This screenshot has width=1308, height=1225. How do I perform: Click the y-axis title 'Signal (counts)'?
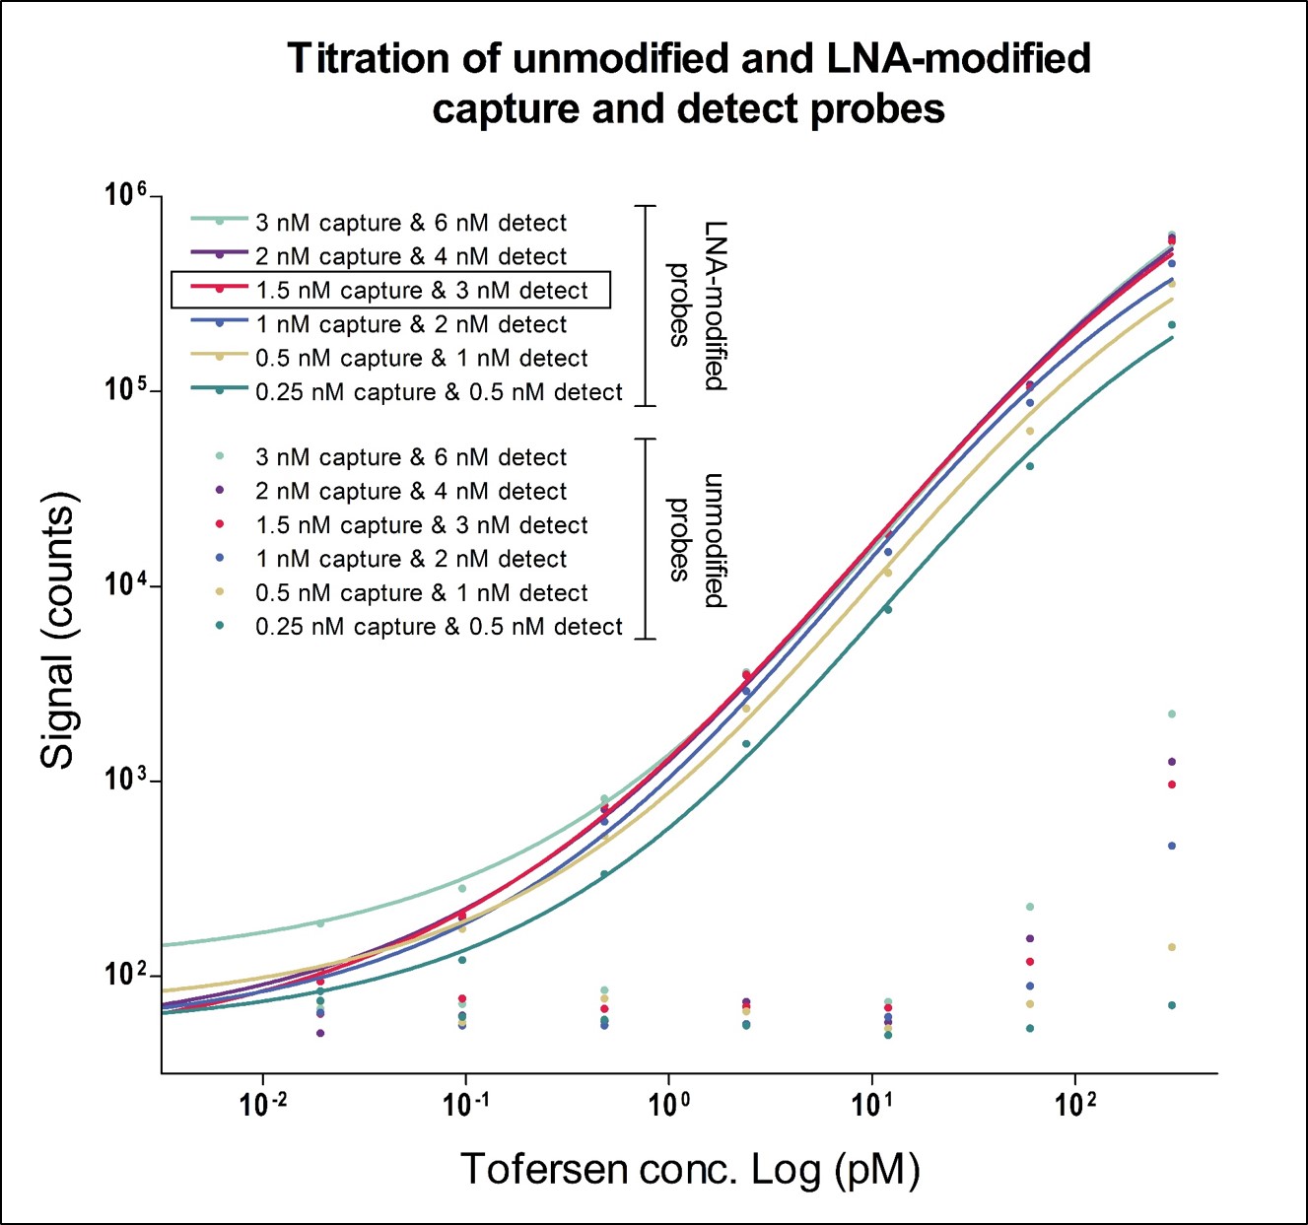tap(59, 631)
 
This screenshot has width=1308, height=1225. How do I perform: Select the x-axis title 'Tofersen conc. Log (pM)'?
tap(690, 1169)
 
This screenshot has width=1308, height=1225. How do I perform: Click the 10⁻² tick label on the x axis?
tap(263, 1104)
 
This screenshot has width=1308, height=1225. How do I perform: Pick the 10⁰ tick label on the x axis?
tap(669, 1104)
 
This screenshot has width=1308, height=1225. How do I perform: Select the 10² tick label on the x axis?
tap(1075, 1104)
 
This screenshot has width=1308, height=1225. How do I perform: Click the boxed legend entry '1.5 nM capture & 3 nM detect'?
tap(421, 291)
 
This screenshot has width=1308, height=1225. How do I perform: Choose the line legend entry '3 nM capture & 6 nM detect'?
tap(411, 223)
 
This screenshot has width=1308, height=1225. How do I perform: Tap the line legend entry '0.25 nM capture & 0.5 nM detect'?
tap(439, 392)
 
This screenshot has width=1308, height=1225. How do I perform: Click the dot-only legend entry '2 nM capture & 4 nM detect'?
tap(411, 491)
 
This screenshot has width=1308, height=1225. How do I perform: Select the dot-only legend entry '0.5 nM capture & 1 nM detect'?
tap(421, 593)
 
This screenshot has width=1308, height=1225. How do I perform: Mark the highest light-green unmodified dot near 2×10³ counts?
tap(1172, 714)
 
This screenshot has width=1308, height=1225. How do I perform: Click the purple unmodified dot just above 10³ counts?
tap(1172, 762)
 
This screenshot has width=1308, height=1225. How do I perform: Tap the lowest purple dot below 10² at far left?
tap(320, 1033)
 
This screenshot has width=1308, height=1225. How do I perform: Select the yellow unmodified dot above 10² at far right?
tap(1172, 947)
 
